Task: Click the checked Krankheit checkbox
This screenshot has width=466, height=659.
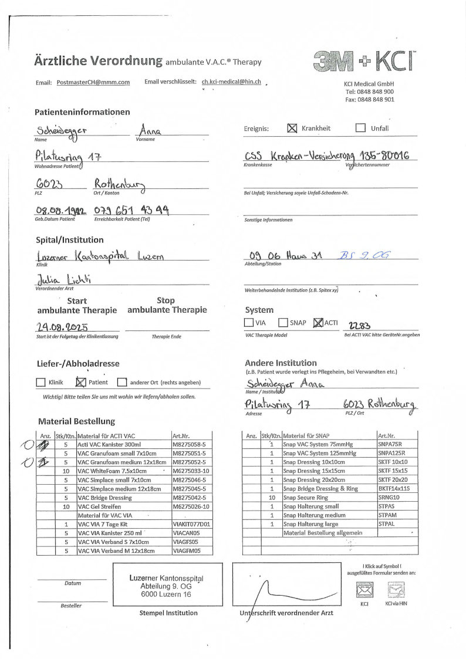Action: click(x=292, y=129)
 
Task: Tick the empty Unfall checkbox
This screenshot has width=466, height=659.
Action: click(x=360, y=129)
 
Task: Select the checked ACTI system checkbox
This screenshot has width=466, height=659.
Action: click(x=319, y=322)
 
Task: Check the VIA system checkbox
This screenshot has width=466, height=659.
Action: click(x=249, y=322)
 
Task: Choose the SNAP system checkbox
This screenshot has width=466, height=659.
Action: click(x=283, y=322)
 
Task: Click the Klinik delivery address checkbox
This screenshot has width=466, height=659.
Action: click(x=40, y=383)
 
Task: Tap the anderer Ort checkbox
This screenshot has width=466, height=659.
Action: click(x=121, y=383)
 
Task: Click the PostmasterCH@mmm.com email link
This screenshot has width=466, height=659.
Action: click(x=93, y=83)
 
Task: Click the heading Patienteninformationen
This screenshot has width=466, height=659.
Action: click(x=82, y=112)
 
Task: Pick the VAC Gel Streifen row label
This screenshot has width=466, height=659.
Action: click(x=100, y=506)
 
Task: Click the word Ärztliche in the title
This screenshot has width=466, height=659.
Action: click(x=61, y=60)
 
